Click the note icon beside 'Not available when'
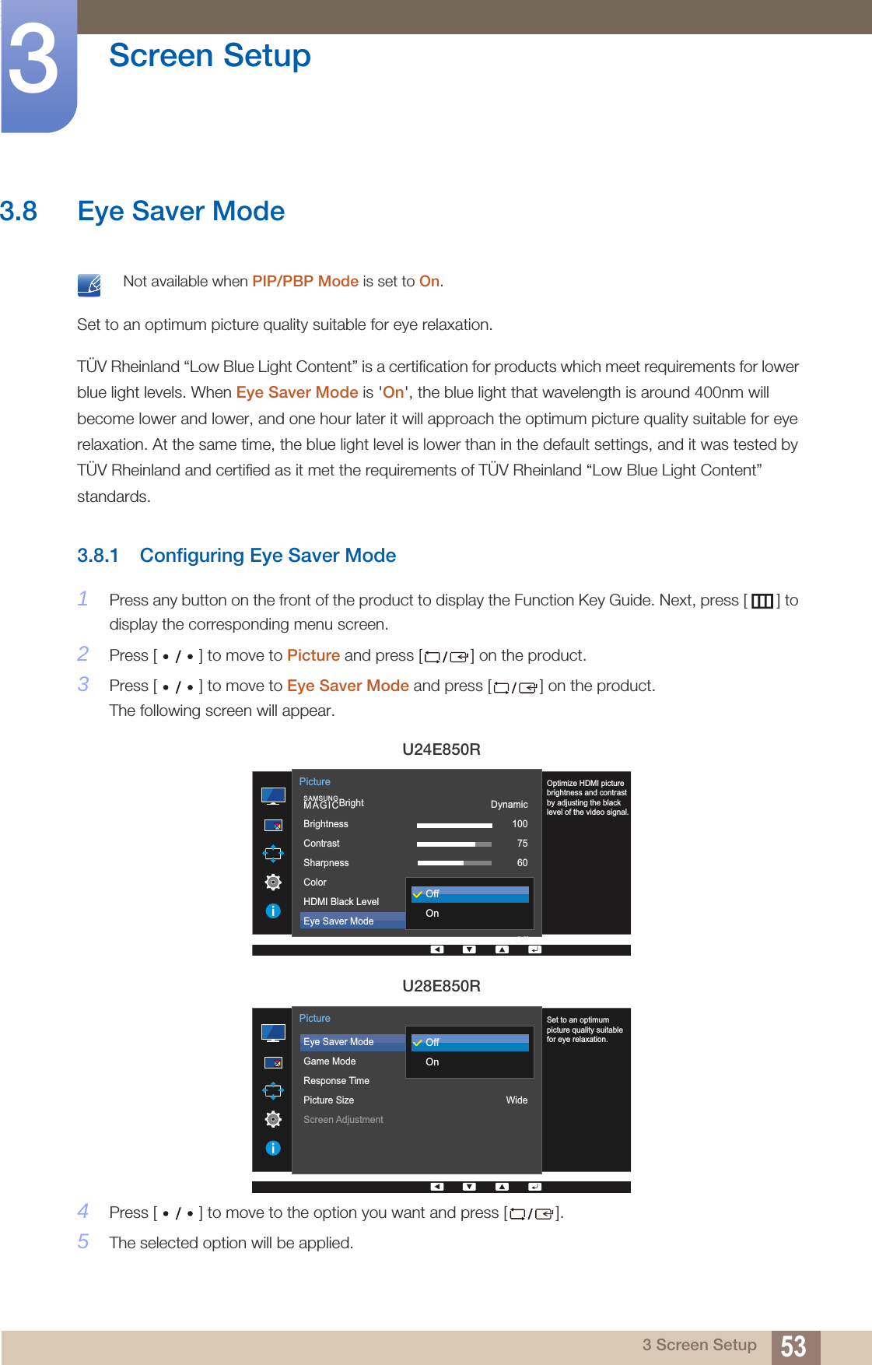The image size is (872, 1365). pos(89,285)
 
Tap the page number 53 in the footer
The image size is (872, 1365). pos(793,1346)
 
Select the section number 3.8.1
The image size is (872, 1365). pos(97,556)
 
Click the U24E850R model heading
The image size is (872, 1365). pos(441,749)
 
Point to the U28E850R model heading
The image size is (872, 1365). pos(441,986)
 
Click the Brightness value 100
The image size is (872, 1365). pos(520,824)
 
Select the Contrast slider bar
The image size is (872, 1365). pos(454,844)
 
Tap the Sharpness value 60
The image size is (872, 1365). pos(522,863)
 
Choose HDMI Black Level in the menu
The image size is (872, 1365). pos(341,902)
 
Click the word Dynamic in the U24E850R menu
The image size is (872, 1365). pos(509,805)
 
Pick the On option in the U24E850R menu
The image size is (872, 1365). pos(432,914)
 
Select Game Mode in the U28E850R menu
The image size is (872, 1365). pos(329,1061)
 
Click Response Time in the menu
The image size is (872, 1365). pos(336,1081)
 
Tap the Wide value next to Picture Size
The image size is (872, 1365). pos(517,1100)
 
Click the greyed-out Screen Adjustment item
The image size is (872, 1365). pos(343,1120)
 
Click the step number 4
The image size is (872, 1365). pos(83,1212)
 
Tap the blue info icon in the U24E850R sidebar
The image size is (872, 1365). pos(273,911)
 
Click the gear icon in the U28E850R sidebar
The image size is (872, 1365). pos(273,1119)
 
